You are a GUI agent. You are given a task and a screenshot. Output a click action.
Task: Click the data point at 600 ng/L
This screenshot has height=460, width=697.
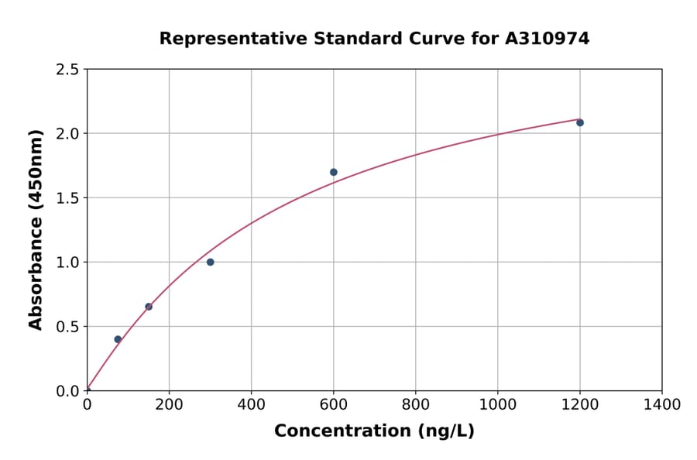(x=333, y=172)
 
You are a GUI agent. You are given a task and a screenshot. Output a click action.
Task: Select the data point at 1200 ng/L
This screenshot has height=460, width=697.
(x=579, y=122)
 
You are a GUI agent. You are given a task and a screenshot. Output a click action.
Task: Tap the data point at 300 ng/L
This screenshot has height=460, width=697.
(x=210, y=262)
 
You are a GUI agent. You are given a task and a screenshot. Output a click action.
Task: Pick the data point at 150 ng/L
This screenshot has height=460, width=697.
(x=149, y=307)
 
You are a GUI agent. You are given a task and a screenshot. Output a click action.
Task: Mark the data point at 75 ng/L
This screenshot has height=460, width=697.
(x=118, y=339)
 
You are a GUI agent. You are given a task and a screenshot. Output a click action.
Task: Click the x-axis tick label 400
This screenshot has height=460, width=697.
(x=251, y=404)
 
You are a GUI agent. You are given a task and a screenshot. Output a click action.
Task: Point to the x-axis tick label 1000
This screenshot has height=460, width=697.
(x=497, y=404)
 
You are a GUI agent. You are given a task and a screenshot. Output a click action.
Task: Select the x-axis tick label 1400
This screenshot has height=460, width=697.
(x=661, y=404)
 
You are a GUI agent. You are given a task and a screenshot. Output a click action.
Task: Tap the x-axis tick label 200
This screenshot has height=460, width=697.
(x=169, y=404)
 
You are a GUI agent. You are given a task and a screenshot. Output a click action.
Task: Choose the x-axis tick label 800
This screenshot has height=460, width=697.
(x=415, y=404)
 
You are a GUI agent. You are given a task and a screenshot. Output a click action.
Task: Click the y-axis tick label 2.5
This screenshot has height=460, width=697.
(x=68, y=70)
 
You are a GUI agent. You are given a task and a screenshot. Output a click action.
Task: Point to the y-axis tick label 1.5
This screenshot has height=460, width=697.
(x=68, y=198)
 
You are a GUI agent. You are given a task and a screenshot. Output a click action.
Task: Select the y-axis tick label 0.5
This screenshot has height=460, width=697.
(x=68, y=327)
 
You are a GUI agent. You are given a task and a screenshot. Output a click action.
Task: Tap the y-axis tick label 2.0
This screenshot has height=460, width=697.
(x=68, y=134)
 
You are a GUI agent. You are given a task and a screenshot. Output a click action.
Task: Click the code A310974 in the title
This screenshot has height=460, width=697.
(x=547, y=38)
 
